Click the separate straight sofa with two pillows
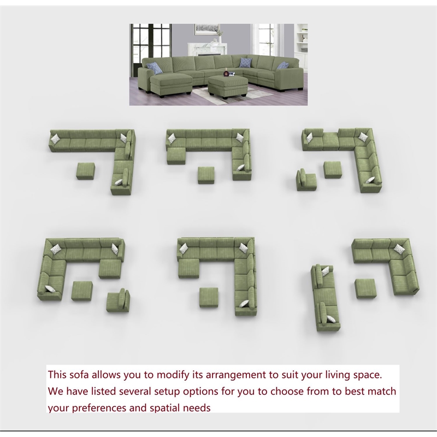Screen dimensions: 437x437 (322, 298)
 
